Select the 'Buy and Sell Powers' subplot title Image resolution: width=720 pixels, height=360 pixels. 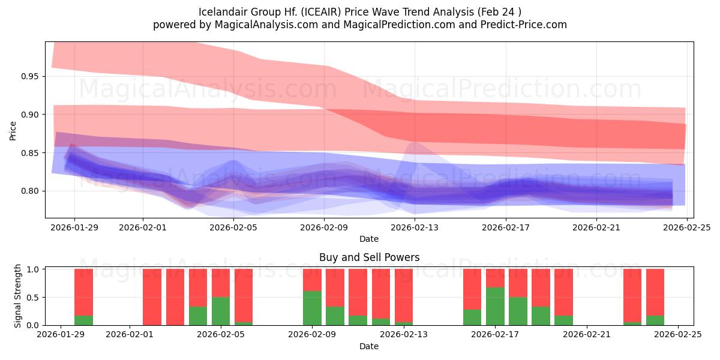pyautogui.click(x=369, y=257)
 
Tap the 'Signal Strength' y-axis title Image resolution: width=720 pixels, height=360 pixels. pyautogui.click(x=18, y=296)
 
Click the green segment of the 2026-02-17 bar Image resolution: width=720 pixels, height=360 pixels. pyautogui.click(x=495, y=306)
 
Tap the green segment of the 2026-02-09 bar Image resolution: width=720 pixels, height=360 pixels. pyautogui.click(x=312, y=308)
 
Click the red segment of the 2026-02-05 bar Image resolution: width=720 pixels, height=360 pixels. pyautogui.click(x=221, y=283)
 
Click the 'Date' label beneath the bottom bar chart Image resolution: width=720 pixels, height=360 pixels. pyautogui.click(x=369, y=346)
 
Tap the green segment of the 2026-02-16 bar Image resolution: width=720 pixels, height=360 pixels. pyautogui.click(x=472, y=317)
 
